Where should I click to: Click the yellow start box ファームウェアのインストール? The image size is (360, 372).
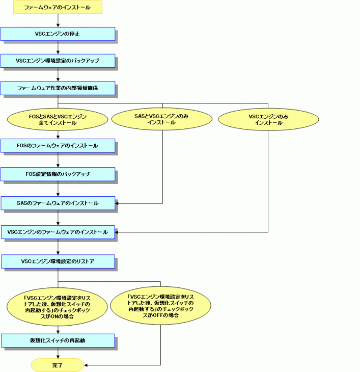click(58, 7)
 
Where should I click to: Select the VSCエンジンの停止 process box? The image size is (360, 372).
click(58, 34)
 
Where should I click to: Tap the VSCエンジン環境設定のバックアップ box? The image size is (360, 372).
click(58, 61)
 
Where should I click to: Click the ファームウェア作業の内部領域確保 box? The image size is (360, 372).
click(58, 88)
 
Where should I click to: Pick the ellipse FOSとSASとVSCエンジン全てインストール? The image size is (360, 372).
click(58, 119)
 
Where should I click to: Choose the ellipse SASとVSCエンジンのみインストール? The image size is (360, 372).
click(162, 119)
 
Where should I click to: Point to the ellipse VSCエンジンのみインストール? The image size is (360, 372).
click(268, 119)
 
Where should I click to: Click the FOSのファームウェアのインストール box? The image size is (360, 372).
click(58, 146)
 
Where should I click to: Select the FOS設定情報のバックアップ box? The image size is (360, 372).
click(58, 174)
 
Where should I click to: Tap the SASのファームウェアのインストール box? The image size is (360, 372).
click(58, 203)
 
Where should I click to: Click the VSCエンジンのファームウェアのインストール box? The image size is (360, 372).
click(58, 232)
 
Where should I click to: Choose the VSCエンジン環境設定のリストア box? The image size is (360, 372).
click(58, 261)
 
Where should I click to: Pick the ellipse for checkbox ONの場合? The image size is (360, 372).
click(57, 307)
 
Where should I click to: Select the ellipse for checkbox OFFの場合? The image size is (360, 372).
click(161, 306)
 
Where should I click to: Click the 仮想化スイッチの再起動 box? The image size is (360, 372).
click(58, 341)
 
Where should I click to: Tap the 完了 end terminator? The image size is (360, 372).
click(58, 365)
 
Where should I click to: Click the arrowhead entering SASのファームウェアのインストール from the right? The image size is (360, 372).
click(117, 203)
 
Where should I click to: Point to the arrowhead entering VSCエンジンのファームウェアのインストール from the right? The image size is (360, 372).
click(117, 232)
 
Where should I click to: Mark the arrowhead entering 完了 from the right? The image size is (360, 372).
click(86, 365)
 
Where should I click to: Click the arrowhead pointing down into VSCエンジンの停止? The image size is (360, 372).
click(58, 25)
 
